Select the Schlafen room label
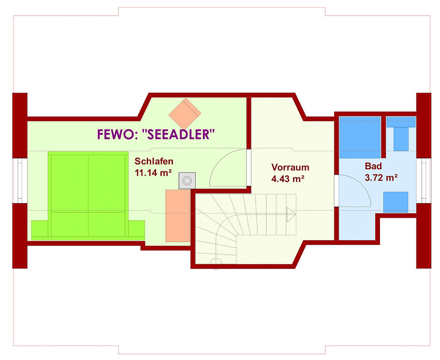click(154, 161)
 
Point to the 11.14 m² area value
click(153, 173)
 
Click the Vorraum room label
click(290, 167)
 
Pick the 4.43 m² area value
click(287, 179)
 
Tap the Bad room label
click(373, 166)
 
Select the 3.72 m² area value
click(381, 177)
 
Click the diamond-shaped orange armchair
click(185, 114)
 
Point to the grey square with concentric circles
click(187, 181)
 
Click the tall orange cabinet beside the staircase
click(177, 216)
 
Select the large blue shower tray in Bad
click(360, 137)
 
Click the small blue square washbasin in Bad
click(396, 202)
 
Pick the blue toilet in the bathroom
click(401, 133)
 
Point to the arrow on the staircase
click(291, 214)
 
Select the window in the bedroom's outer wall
click(20, 181)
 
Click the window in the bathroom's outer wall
click(424, 181)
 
